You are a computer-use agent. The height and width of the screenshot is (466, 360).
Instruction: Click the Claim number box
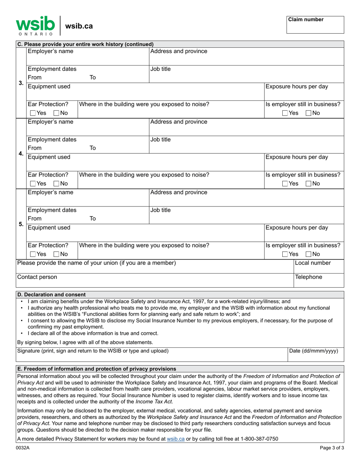pos(315,25)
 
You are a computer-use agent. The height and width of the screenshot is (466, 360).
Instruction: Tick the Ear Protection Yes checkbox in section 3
pos(33,113)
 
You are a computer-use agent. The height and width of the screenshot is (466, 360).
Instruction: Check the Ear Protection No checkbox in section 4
pos(57,184)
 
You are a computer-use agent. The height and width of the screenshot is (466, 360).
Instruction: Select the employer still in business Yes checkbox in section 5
pos(285,254)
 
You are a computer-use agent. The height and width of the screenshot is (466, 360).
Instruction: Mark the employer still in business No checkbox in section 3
pos(308,113)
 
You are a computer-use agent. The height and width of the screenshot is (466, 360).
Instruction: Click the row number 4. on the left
pos(21,154)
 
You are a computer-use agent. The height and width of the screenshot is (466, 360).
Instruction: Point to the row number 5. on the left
pos(21,224)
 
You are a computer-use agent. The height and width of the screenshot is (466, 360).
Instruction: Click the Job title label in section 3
pos(161,69)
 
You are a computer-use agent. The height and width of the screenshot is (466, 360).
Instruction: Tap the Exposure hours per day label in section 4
pos(296,157)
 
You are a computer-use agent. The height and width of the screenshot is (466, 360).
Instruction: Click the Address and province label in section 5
pos(179,192)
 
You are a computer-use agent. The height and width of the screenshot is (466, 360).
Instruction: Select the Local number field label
pos(313,263)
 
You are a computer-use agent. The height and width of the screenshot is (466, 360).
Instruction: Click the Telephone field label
pos(308,277)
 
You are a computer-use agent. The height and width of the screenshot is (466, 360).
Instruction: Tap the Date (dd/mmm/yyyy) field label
pos(313,351)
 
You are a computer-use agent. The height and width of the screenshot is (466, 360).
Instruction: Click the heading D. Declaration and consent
pos(51,294)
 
